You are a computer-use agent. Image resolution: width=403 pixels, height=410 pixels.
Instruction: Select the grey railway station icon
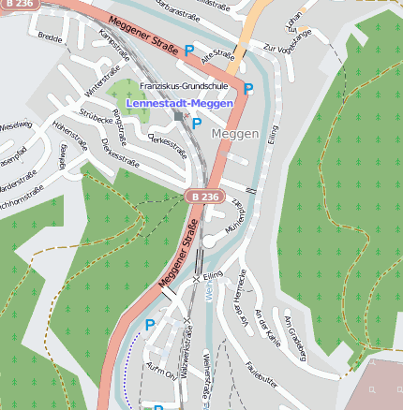[x=179, y=116]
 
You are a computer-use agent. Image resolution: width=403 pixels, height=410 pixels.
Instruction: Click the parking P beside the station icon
[x=197, y=123]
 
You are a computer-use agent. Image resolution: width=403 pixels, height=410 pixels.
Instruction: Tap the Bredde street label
[x=50, y=37]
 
